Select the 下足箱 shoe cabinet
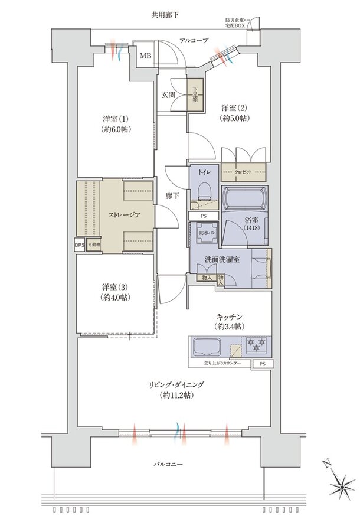(x=194, y=96)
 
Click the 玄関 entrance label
(x=168, y=94)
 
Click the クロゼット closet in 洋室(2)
(x=244, y=172)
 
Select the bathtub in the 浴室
(x=245, y=200)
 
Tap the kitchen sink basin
(x=205, y=346)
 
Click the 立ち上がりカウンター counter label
(x=222, y=363)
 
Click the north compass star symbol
(x=340, y=486)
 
